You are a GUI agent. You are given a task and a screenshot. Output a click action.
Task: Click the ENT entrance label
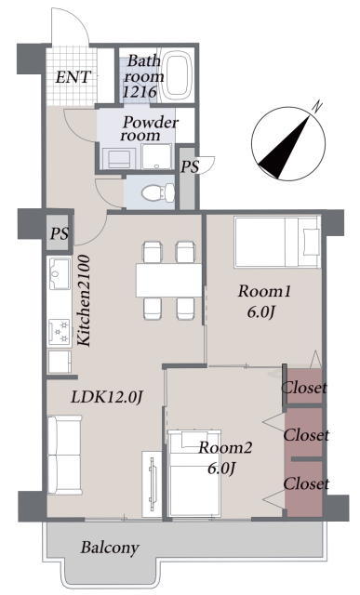click(x=73, y=77)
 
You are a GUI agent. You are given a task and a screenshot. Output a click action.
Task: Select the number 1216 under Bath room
click(x=140, y=91)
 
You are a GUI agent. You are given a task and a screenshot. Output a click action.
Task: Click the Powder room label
click(x=150, y=128)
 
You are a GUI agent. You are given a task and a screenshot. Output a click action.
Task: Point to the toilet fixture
click(x=158, y=192)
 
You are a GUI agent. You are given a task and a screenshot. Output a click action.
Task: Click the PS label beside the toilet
click(x=189, y=166)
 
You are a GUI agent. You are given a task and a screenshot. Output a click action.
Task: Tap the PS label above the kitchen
click(x=60, y=233)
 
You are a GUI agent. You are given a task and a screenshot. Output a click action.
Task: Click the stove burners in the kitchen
click(x=60, y=331)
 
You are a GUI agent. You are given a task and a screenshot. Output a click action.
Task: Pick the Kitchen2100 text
click(x=85, y=300)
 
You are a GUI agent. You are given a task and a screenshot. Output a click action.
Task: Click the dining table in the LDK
click(x=168, y=281)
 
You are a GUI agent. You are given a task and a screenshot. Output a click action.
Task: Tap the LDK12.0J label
click(x=107, y=397)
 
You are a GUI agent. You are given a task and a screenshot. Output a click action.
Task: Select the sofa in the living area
click(x=64, y=455)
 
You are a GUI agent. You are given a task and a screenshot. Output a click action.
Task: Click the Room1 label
click(x=264, y=291)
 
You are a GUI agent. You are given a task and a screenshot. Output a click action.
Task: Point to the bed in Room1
click(x=277, y=242)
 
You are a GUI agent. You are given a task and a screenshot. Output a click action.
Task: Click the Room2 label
click(x=225, y=448)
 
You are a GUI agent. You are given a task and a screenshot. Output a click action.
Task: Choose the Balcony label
click(x=110, y=548)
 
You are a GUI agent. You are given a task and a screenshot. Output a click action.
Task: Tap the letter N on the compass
click(x=317, y=106)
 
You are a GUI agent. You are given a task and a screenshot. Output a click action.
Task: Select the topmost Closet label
click(x=304, y=388)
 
